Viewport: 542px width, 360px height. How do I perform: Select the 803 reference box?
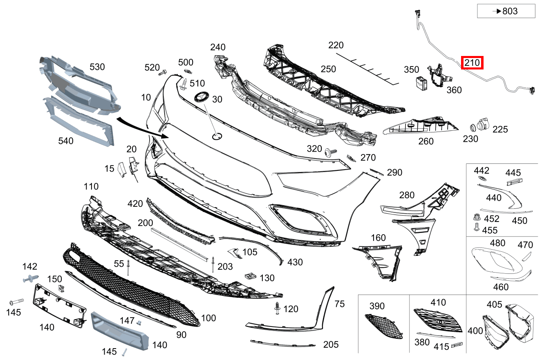click(506, 11)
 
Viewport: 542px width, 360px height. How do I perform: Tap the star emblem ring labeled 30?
click(201, 97)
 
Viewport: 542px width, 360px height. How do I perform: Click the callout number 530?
click(97, 67)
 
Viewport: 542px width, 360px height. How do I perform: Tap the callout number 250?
click(328, 69)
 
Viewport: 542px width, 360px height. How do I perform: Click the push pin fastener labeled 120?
click(278, 309)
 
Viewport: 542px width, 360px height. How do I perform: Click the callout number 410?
click(438, 302)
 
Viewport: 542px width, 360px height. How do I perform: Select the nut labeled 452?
click(476, 217)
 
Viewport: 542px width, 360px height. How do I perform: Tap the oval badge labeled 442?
click(482, 179)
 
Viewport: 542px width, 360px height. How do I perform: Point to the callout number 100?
click(208, 318)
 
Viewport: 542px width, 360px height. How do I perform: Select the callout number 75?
click(339, 304)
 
